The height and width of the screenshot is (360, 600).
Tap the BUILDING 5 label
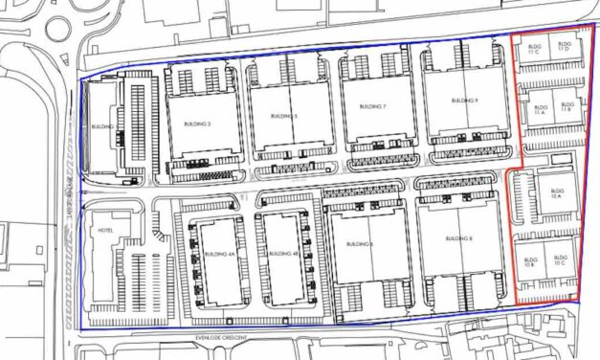tap(284, 116)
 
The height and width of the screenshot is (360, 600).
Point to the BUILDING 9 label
tap(463, 101)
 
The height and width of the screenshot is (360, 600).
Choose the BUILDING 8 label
tap(460, 238)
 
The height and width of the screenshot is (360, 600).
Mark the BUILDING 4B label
tap(279, 254)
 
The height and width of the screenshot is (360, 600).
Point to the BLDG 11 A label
tap(540, 110)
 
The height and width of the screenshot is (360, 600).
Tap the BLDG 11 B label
tap(567, 108)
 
